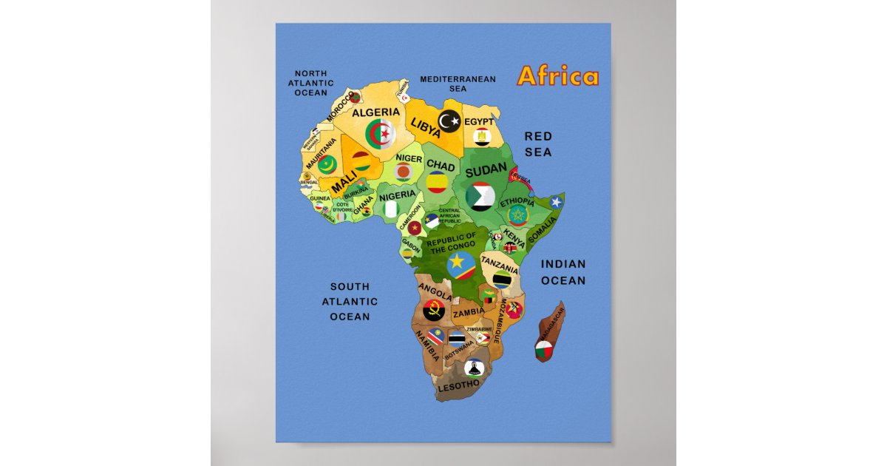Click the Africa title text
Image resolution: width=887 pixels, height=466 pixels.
[x=558, y=76]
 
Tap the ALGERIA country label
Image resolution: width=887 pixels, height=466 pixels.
[x=375, y=112]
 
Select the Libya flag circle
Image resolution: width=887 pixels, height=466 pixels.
[x=449, y=119]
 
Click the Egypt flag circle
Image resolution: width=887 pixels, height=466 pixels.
[x=482, y=136]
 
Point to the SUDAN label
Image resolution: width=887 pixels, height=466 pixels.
[x=486, y=170]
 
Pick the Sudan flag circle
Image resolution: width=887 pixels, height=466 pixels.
[x=480, y=195]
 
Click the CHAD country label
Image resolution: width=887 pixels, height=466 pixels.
[x=441, y=166]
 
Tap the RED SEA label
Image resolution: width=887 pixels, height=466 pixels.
[x=538, y=143]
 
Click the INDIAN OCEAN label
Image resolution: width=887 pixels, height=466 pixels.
[x=563, y=272]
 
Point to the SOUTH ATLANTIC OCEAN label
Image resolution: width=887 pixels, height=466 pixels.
[x=350, y=301]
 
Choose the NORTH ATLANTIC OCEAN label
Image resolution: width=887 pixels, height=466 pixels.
[x=310, y=83]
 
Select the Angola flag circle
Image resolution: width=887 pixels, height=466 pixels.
[x=432, y=309]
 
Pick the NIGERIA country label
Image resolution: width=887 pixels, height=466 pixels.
[x=398, y=195]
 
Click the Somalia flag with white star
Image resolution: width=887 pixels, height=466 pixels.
[x=557, y=201]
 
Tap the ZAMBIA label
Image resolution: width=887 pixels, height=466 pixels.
[x=469, y=313]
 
